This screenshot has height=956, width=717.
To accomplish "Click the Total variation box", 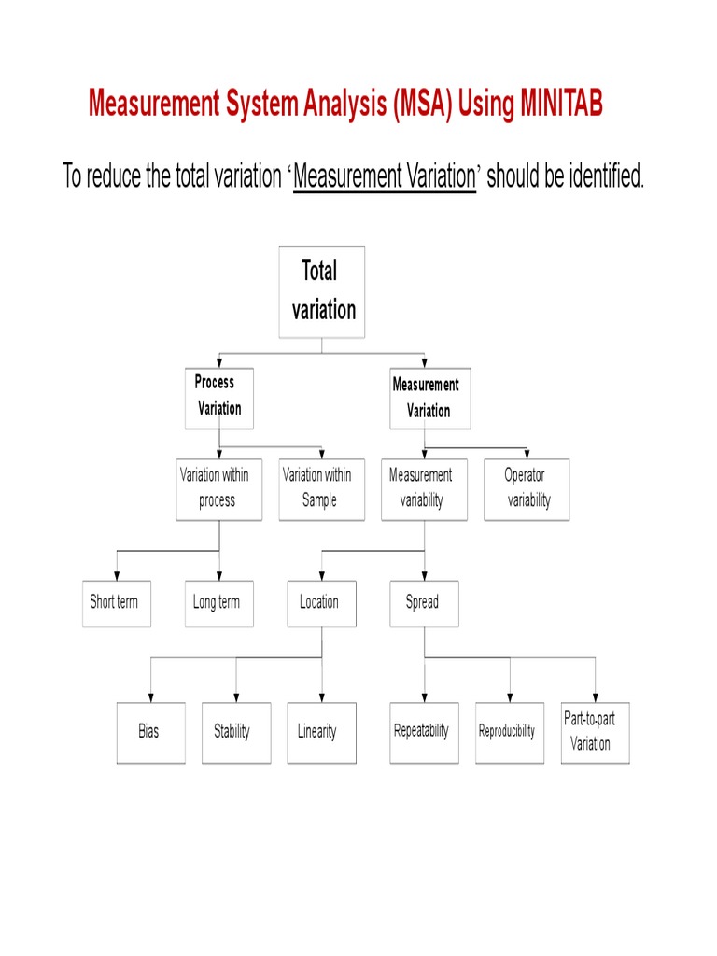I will (x=322, y=291).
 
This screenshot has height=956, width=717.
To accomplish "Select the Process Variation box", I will (x=218, y=397).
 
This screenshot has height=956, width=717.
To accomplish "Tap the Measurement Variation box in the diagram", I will (x=429, y=399).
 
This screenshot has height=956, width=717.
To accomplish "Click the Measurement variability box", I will (x=423, y=488).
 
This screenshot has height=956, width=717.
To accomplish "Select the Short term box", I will (x=116, y=603).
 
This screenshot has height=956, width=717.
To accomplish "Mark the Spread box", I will (x=424, y=603).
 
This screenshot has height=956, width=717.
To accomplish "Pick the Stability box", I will (x=235, y=733).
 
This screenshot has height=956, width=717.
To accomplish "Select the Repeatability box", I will (x=424, y=733).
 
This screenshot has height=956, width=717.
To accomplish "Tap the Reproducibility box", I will (x=510, y=733).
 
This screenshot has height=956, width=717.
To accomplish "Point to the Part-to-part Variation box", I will (x=595, y=733).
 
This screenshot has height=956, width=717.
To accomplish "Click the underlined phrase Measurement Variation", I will (x=385, y=176).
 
